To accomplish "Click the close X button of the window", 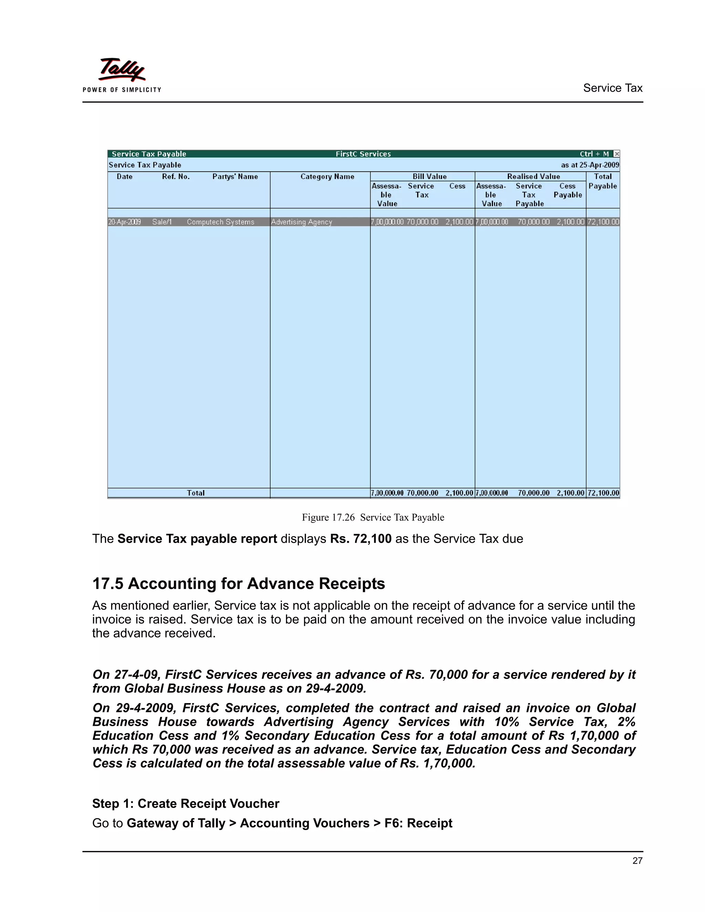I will tap(617, 154).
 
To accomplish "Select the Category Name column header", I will tap(327, 177).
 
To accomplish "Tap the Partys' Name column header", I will tap(235, 177).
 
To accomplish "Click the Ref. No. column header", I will tap(176, 177).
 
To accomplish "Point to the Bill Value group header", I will tap(430, 177).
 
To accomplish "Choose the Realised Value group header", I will tap(533, 177).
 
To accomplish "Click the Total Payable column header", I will tap(603, 181).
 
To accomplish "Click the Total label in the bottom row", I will tap(196, 493).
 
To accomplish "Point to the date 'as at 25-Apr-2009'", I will tap(590, 165).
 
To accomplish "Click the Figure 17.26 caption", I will tap(373, 517).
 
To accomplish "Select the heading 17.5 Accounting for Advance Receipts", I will tap(239, 584).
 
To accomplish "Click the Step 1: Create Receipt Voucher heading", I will tap(186, 804).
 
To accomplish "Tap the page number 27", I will tap(637, 861).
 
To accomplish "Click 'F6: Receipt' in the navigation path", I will tap(418, 823).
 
